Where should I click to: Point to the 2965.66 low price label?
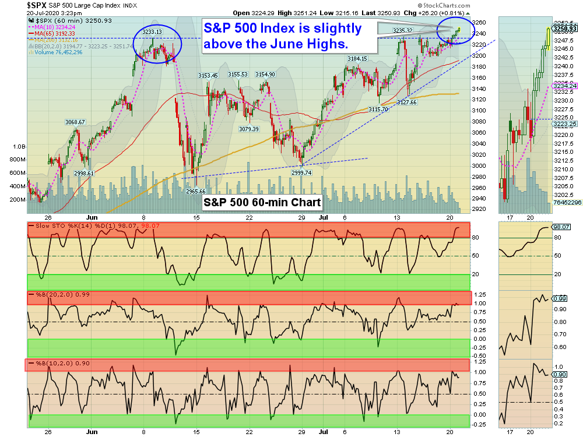point(195,191)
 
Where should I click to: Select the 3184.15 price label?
point(357,58)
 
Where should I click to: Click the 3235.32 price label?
point(403,30)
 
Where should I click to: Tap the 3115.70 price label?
point(378,109)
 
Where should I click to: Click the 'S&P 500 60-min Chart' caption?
point(262,202)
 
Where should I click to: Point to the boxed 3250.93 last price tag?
point(564,28)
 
